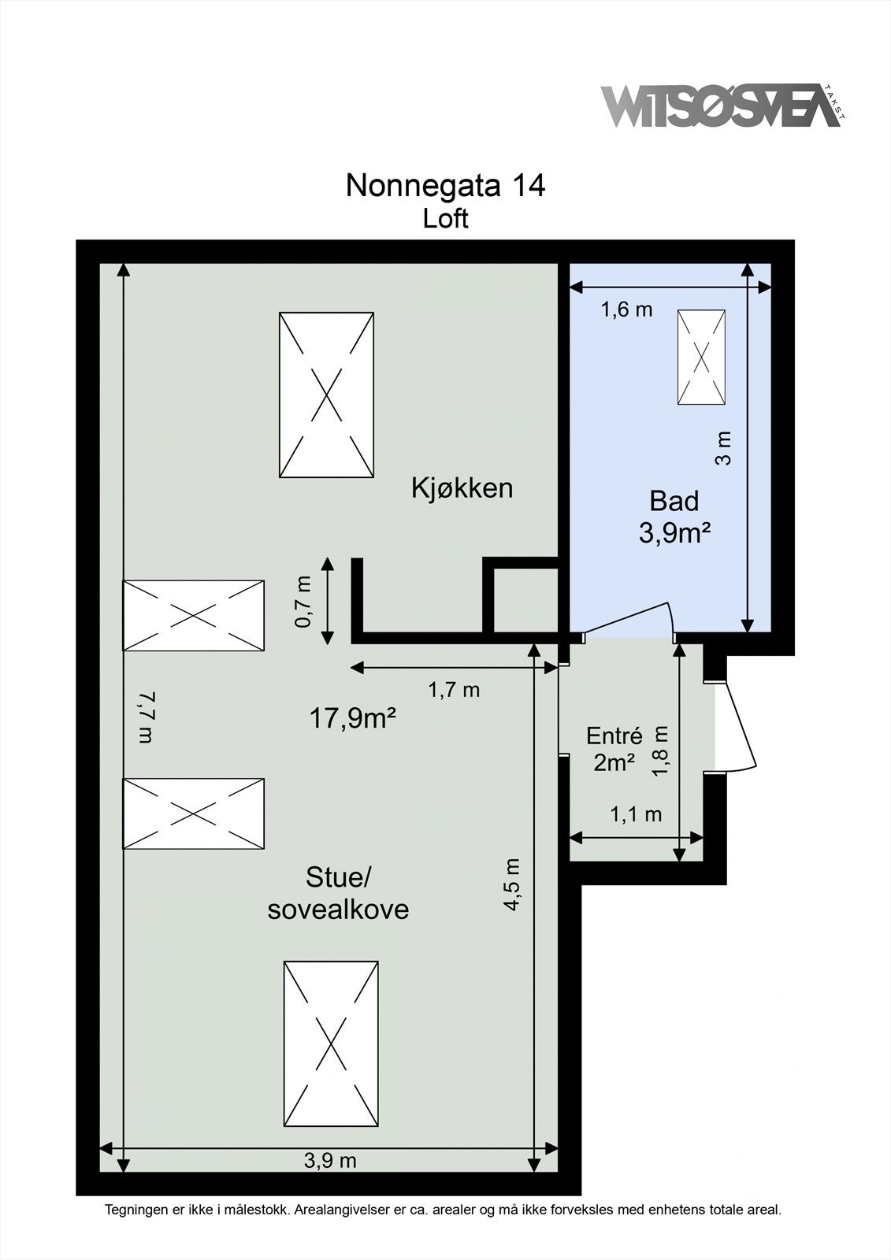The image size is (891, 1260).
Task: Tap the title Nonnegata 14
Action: click(445, 186)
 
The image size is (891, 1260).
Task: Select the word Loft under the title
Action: click(445, 218)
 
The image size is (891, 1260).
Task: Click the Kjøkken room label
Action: click(462, 487)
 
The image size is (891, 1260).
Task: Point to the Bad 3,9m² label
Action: click(674, 517)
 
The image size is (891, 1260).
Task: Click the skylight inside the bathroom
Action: click(701, 357)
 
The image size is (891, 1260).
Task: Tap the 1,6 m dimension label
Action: click(627, 309)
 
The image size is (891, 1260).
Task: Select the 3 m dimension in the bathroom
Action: click(723, 447)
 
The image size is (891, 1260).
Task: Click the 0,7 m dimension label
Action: click(303, 601)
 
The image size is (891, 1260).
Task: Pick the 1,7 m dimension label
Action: click(454, 690)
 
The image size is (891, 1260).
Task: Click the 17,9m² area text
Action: click(352, 717)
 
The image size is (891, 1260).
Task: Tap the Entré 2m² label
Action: click(614, 748)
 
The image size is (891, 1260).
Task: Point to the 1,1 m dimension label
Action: click(637, 814)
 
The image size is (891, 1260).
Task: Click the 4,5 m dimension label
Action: click(513, 884)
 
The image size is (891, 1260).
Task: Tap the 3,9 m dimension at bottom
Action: click(330, 1160)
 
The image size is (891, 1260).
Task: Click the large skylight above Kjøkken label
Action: click(326, 395)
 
